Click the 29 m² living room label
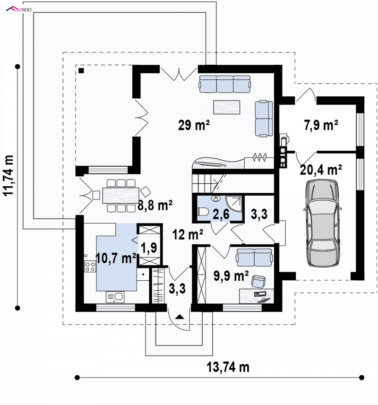[x=194, y=125]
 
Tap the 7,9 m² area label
[x=321, y=125]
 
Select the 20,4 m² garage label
[x=321, y=170]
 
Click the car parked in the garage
[x=323, y=223]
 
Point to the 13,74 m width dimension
[x=228, y=367]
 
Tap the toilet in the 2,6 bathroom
[x=203, y=212]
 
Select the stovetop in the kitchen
[x=90, y=266]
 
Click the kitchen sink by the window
[x=115, y=297]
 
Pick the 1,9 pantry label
[x=149, y=248]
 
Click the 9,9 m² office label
[x=231, y=276]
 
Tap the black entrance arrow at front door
[x=180, y=317]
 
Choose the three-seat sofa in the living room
[x=224, y=84]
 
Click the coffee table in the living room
[x=227, y=107]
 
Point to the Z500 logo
[x=19, y=9]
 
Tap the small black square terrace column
[x=81, y=70]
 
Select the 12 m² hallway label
[x=188, y=234]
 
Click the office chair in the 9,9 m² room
[x=258, y=281]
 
